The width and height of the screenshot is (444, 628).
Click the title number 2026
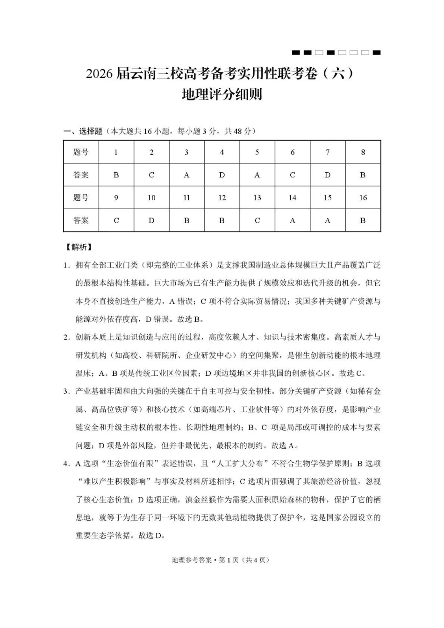(x=99, y=74)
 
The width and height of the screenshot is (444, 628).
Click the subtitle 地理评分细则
(x=222, y=94)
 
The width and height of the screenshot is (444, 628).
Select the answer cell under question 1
(x=116, y=175)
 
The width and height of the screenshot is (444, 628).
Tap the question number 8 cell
(x=363, y=152)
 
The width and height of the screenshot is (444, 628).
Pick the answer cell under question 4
(x=222, y=175)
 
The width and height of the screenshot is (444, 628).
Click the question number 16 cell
(x=363, y=198)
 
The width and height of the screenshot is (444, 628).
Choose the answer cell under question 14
(x=292, y=220)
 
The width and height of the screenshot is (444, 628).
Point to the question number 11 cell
(x=186, y=198)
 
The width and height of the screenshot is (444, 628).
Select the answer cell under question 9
(x=116, y=220)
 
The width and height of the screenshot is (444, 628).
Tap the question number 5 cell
(x=257, y=152)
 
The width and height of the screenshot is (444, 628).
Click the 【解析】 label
(x=79, y=247)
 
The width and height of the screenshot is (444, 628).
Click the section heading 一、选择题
(x=83, y=131)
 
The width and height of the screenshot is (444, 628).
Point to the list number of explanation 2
(x=67, y=338)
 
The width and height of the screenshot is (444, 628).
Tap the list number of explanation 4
(x=67, y=464)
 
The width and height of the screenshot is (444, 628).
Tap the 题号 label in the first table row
(x=81, y=152)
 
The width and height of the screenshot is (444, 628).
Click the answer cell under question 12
(x=222, y=220)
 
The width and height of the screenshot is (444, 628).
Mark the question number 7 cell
(x=328, y=152)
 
